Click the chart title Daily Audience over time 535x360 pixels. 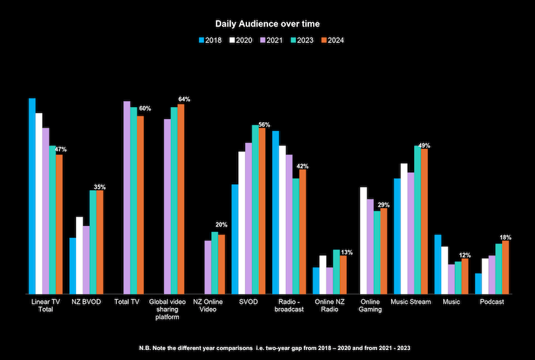pyautogui.click(x=267, y=24)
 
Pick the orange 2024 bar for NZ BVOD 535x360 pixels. pyautogui.click(x=100, y=242)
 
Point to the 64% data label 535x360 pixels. pyautogui.click(x=184, y=99)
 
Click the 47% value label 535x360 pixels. pyautogui.click(x=60, y=149)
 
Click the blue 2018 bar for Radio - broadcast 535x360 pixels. pyautogui.click(x=275, y=212)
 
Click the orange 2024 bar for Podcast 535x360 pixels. pyautogui.click(x=505, y=267)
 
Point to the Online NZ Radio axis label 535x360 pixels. pyautogui.click(x=328, y=306)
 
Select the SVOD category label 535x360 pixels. pyautogui.click(x=249, y=302)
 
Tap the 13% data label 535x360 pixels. pyautogui.click(x=347, y=252)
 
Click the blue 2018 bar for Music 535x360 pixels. pyautogui.click(x=437, y=264)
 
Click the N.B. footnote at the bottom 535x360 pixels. pyautogui.click(x=267, y=347)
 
